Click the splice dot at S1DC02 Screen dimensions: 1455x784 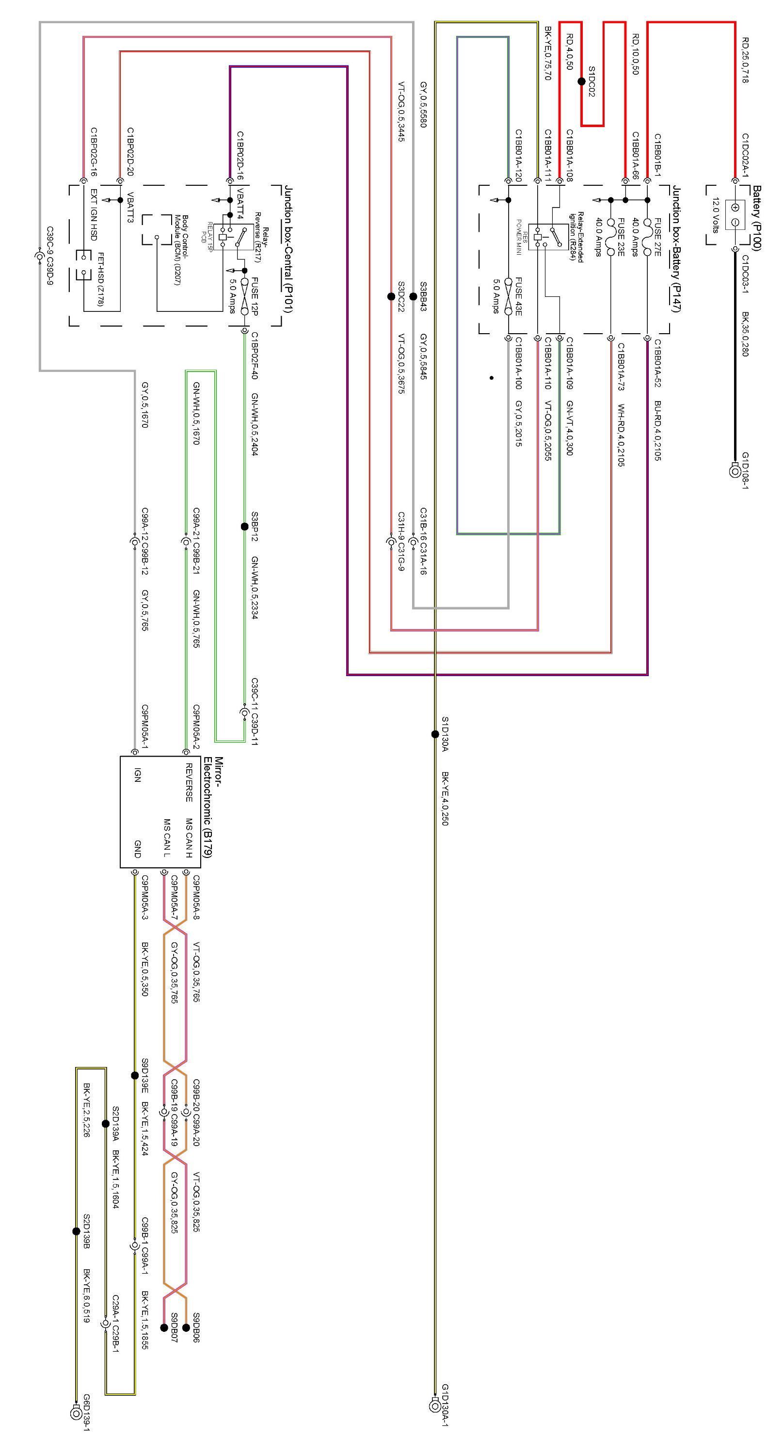(581, 81)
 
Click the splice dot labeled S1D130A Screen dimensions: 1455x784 (435, 734)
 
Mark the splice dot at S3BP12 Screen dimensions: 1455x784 (244, 526)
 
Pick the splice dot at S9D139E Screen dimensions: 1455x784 (135, 1075)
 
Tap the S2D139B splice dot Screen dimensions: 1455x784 (76, 1231)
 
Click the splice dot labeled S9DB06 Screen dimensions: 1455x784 (186, 1327)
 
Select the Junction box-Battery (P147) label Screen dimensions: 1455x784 (676, 248)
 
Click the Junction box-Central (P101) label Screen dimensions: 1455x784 (288, 248)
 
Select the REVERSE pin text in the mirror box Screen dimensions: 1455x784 (189, 782)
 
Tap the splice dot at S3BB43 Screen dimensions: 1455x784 (413, 296)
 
